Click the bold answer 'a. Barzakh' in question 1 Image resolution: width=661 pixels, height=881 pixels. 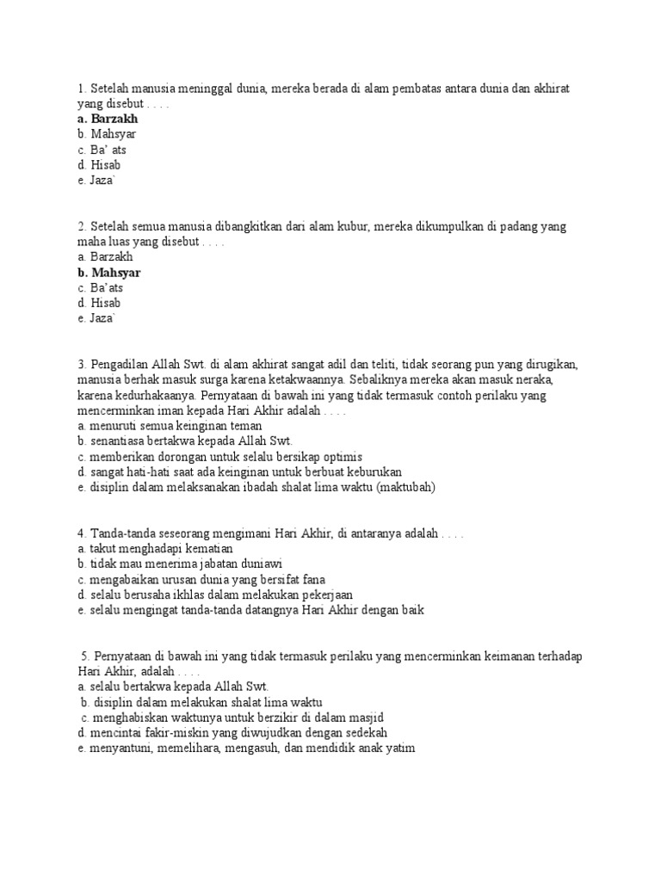tap(107, 119)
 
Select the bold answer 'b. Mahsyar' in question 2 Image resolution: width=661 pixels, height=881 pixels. tap(108, 273)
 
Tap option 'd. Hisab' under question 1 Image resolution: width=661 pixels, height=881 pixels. tap(98, 165)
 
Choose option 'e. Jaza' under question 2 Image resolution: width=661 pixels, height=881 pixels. tap(96, 319)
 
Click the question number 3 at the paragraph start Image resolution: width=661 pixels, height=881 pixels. tap(80, 365)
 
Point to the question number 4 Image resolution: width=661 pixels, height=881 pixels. tap(80, 533)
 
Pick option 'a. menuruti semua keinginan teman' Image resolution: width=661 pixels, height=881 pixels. tap(170, 426)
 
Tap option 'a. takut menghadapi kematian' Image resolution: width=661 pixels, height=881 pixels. tap(155, 549)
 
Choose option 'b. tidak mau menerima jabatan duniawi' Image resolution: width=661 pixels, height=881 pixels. tap(180, 564)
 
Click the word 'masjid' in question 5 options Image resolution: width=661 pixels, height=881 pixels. tap(365, 718)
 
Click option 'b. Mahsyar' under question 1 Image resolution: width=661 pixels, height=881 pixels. tap(107, 134)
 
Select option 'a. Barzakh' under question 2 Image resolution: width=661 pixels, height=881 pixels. tap(105, 257)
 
